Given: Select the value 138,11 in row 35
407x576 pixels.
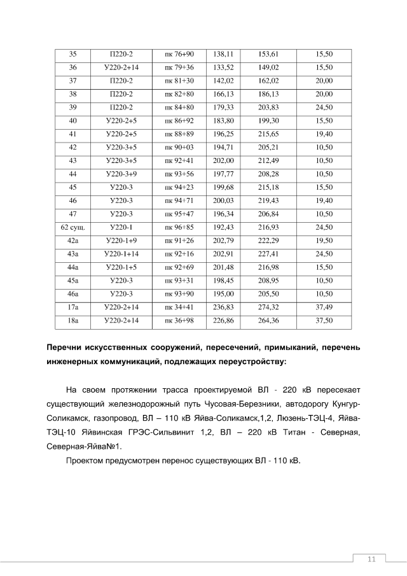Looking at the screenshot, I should pos(224,54).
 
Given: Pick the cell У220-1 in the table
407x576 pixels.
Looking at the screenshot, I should pos(121,227).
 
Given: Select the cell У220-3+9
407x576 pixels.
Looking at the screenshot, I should pos(121,174).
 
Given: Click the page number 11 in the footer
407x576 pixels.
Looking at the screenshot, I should pos(372,559).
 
